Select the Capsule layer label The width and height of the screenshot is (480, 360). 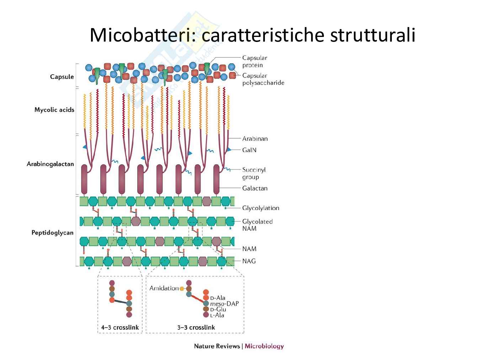tap(62, 77)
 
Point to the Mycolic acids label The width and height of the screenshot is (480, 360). tap(54, 110)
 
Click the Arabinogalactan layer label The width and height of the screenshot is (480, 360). tap(50, 164)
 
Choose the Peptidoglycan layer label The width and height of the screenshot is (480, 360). tap(52, 233)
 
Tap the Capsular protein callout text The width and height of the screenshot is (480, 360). tap(255, 61)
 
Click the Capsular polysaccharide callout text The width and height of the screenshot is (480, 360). tap(263, 79)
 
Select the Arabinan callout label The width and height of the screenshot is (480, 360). tap(255, 139)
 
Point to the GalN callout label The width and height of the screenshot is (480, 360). tap(249, 150)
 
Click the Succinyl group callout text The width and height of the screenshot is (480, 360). tap(254, 173)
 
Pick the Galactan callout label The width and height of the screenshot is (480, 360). tap(255, 188)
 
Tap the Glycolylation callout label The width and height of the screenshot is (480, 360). tap(261, 208)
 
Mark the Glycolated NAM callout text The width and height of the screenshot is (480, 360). tap(257, 225)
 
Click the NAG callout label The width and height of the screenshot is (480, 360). tap(249, 261)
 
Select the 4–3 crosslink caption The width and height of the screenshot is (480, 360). tap(120, 327)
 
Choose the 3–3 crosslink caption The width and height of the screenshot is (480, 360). tap(196, 327)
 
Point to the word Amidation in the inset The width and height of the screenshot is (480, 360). tap(164, 288)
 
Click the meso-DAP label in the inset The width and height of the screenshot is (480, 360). tap(224, 304)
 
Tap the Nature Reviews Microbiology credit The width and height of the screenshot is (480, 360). tap(239, 346)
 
